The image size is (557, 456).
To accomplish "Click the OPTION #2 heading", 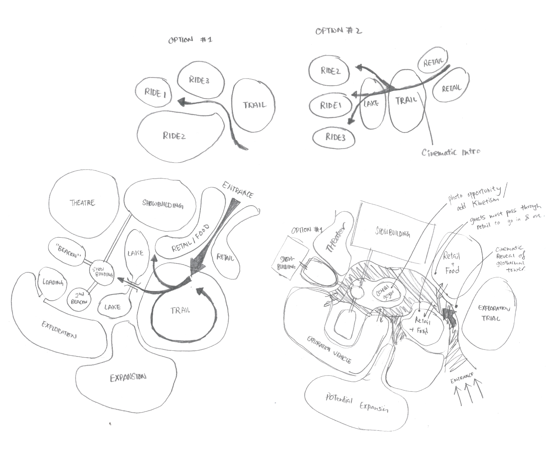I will [338, 31].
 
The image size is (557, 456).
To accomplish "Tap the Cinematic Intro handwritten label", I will [451, 153].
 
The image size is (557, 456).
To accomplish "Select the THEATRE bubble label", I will [82, 203].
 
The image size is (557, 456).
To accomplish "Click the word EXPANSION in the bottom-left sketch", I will [128, 377].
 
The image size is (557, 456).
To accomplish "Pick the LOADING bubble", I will [53, 282].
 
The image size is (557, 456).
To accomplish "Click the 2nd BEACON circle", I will [79, 298].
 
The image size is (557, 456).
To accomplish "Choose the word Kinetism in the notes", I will [486, 201].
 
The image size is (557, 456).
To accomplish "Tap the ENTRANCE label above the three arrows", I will [461, 377].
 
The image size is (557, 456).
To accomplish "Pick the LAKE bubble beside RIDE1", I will [371, 103].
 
